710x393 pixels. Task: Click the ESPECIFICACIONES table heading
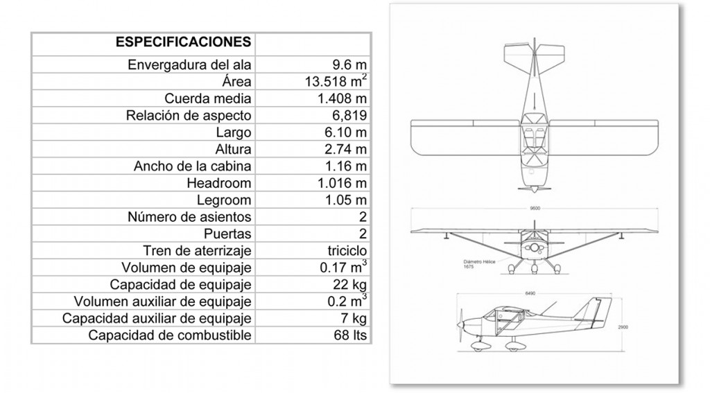coord(183,42)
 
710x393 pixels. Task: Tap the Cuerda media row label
coord(208,98)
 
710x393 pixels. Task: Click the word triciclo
coord(345,251)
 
